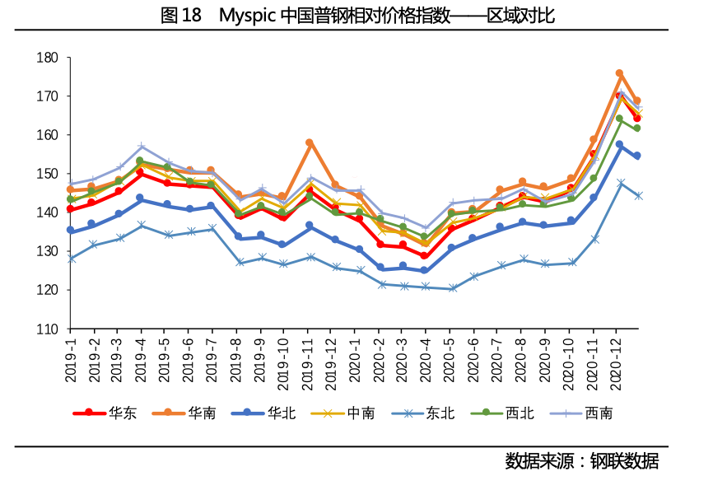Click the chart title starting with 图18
pos(357,16)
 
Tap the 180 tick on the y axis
pos(47,58)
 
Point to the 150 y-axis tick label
pos(47,174)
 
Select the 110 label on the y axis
pos(47,329)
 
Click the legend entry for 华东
pos(105,413)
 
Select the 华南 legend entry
pos(184,413)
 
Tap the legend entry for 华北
pos(263,413)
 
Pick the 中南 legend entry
pos(343,413)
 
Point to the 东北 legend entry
pos(423,413)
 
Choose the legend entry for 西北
pos(502,413)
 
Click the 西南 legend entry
pos(581,413)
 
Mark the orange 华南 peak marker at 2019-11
pos(310,142)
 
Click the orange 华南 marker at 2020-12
pos(619,73)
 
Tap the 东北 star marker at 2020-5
pos(453,288)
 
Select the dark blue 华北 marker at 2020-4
pos(424,270)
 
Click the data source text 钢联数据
pos(624,461)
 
